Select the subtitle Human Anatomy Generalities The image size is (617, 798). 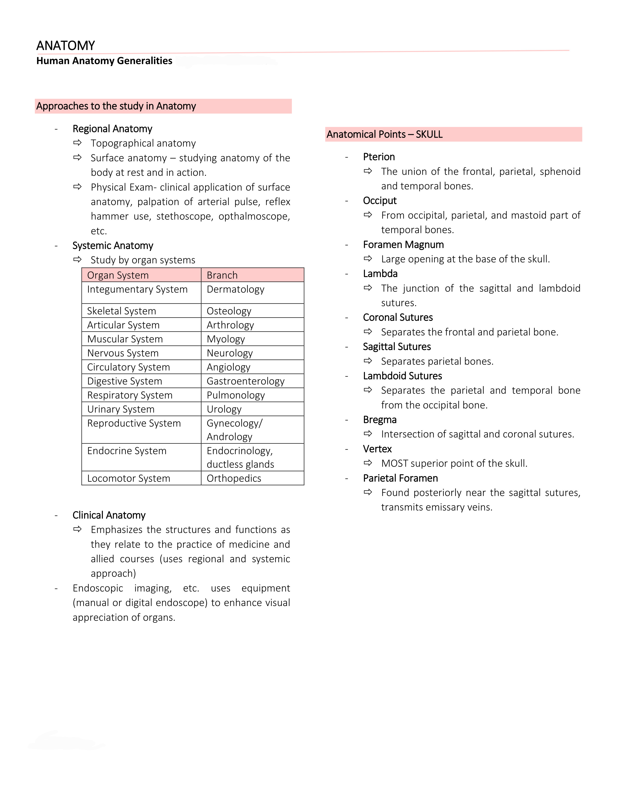point(104,61)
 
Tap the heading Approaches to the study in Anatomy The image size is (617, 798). point(116,106)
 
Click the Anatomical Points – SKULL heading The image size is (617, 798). point(384,134)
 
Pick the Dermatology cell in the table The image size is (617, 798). point(235,289)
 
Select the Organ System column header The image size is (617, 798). point(118,275)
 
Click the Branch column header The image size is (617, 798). point(222,275)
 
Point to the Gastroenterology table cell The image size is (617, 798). point(245,381)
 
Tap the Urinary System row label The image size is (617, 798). point(121,409)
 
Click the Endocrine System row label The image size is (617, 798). point(127,451)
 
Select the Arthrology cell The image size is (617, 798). point(230,325)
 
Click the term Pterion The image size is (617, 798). point(379,157)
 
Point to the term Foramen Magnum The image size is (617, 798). point(403,244)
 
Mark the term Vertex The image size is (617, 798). point(377,449)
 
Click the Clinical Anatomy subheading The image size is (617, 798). point(109,515)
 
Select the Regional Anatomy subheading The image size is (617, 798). point(112,129)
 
